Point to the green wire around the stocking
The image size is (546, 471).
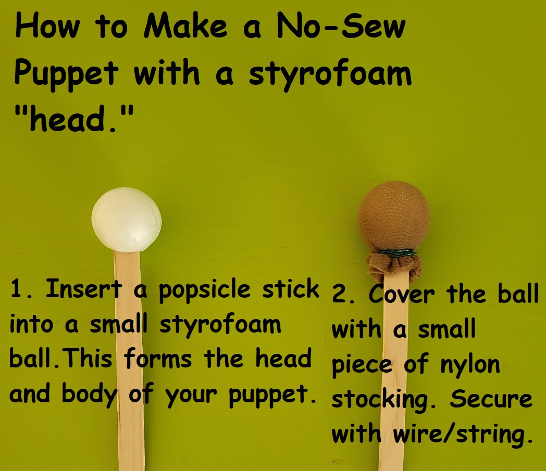[x=398, y=253]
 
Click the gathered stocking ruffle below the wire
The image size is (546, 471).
[x=394, y=266]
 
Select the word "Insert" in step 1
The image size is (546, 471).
[x=84, y=288]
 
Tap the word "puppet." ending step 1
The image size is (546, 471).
[x=272, y=395]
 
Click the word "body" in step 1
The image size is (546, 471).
[x=90, y=395]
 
